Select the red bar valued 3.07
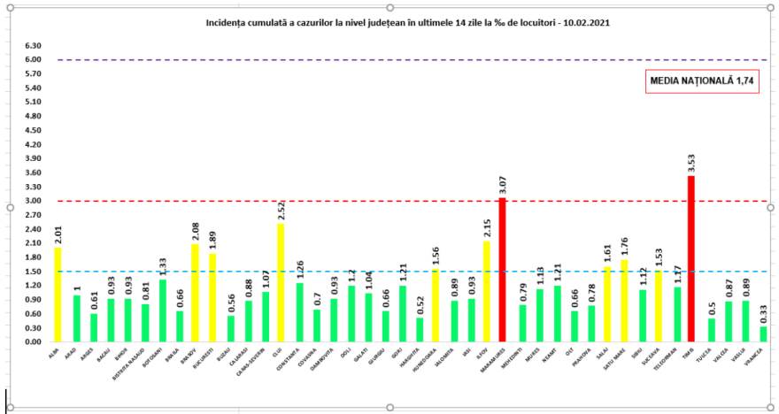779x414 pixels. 502,269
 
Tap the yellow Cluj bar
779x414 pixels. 281,282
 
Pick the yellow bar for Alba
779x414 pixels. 58,294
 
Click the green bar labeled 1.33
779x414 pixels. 162,310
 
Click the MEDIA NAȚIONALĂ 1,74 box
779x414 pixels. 691,81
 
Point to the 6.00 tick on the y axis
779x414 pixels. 34,59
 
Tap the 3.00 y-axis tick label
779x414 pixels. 34,201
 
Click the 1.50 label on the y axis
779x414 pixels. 34,272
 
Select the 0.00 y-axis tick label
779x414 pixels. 34,341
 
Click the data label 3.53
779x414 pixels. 691,163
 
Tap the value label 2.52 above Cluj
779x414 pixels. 281,211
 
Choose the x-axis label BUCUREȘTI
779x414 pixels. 211,359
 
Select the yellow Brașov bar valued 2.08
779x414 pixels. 196,292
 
